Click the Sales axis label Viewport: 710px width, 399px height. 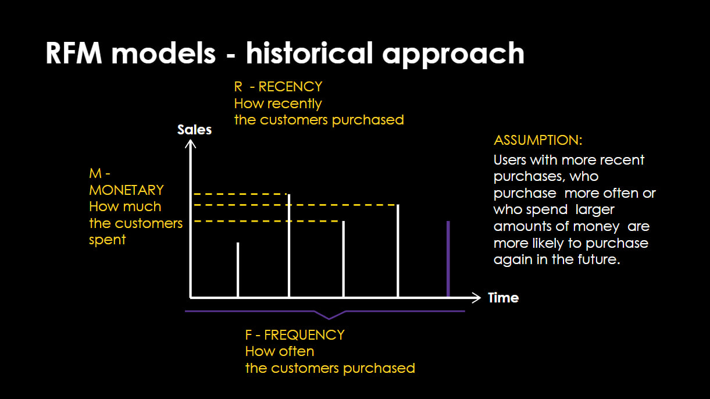(x=194, y=130)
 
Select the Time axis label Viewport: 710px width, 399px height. (x=503, y=298)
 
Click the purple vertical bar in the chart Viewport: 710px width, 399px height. (x=448, y=259)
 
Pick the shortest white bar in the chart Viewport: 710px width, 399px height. (x=237, y=269)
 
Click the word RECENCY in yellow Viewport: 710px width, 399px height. (x=290, y=87)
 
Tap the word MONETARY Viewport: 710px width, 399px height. (x=126, y=190)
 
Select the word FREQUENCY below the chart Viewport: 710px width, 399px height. (x=304, y=335)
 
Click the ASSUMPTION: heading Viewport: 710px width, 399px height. (x=538, y=140)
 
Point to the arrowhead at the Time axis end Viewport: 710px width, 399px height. (x=476, y=298)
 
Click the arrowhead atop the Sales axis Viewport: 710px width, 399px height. (x=190, y=142)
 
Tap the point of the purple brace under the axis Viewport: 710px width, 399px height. (x=330, y=318)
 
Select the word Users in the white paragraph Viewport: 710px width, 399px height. (x=510, y=160)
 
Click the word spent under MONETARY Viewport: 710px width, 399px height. (x=108, y=240)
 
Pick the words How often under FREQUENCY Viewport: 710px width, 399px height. (x=279, y=351)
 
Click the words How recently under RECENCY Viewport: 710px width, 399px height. (x=277, y=104)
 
